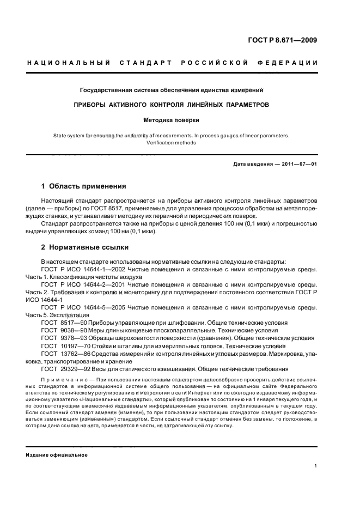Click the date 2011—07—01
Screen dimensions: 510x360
299,163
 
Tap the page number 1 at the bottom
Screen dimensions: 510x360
316,466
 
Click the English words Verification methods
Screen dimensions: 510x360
172,143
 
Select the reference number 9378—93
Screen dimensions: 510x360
69,338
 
